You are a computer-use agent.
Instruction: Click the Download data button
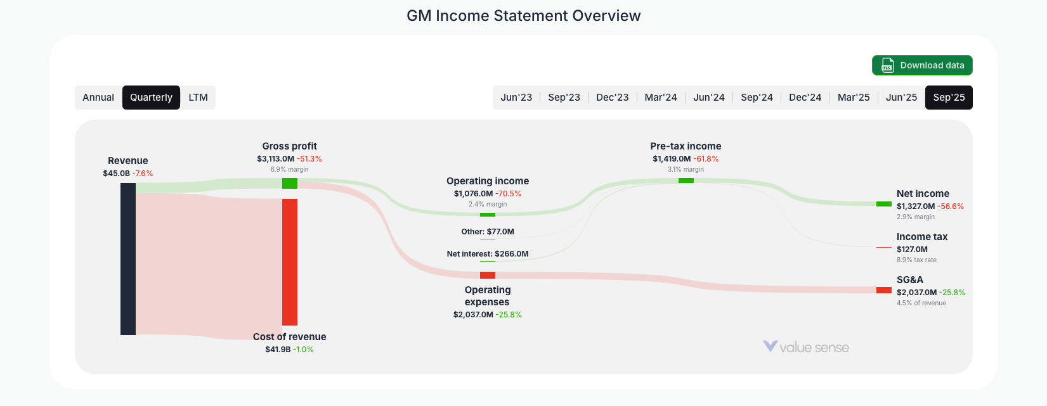pyautogui.click(x=921, y=65)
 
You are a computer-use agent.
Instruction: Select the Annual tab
pyautogui.click(x=98, y=98)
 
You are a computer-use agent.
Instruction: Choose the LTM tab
pyautogui.click(x=198, y=98)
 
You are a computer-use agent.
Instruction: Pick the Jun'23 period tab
pyautogui.click(x=516, y=98)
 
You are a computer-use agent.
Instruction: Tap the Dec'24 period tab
pyautogui.click(x=805, y=98)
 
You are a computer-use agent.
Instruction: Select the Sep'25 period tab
pyautogui.click(x=949, y=98)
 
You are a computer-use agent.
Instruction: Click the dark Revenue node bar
pyautogui.click(x=128, y=258)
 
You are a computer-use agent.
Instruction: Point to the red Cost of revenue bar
pyautogui.click(x=290, y=262)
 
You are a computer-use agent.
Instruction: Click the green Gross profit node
pyautogui.click(x=290, y=184)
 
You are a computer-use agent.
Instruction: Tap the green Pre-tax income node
pyautogui.click(x=686, y=181)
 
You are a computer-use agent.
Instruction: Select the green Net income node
pyautogui.click(x=883, y=204)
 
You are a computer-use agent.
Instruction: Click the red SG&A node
pyautogui.click(x=883, y=290)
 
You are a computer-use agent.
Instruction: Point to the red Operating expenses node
pyautogui.click(x=488, y=276)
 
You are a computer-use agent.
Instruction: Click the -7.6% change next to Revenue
pyautogui.click(x=143, y=174)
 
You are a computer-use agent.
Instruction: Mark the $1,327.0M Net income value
pyautogui.click(x=915, y=206)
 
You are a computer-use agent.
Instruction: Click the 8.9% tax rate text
pyautogui.click(x=916, y=260)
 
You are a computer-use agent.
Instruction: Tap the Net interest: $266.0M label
pyautogui.click(x=488, y=254)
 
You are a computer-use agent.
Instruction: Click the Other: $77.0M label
pyautogui.click(x=488, y=232)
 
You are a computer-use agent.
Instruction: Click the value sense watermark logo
pyautogui.click(x=806, y=347)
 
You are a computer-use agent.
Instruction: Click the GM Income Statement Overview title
pyautogui.click(x=523, y=16)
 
